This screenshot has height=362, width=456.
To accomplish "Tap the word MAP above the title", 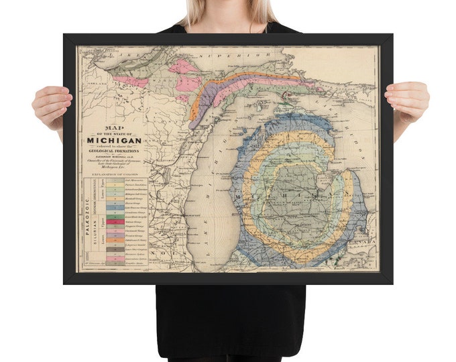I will (113, 127).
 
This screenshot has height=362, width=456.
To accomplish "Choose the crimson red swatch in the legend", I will (115, 221).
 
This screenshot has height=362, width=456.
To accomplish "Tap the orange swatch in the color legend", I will (115, 239).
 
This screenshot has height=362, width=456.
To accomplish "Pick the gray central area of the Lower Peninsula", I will (295, 194).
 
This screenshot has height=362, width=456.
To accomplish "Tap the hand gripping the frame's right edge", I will (408, 101).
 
